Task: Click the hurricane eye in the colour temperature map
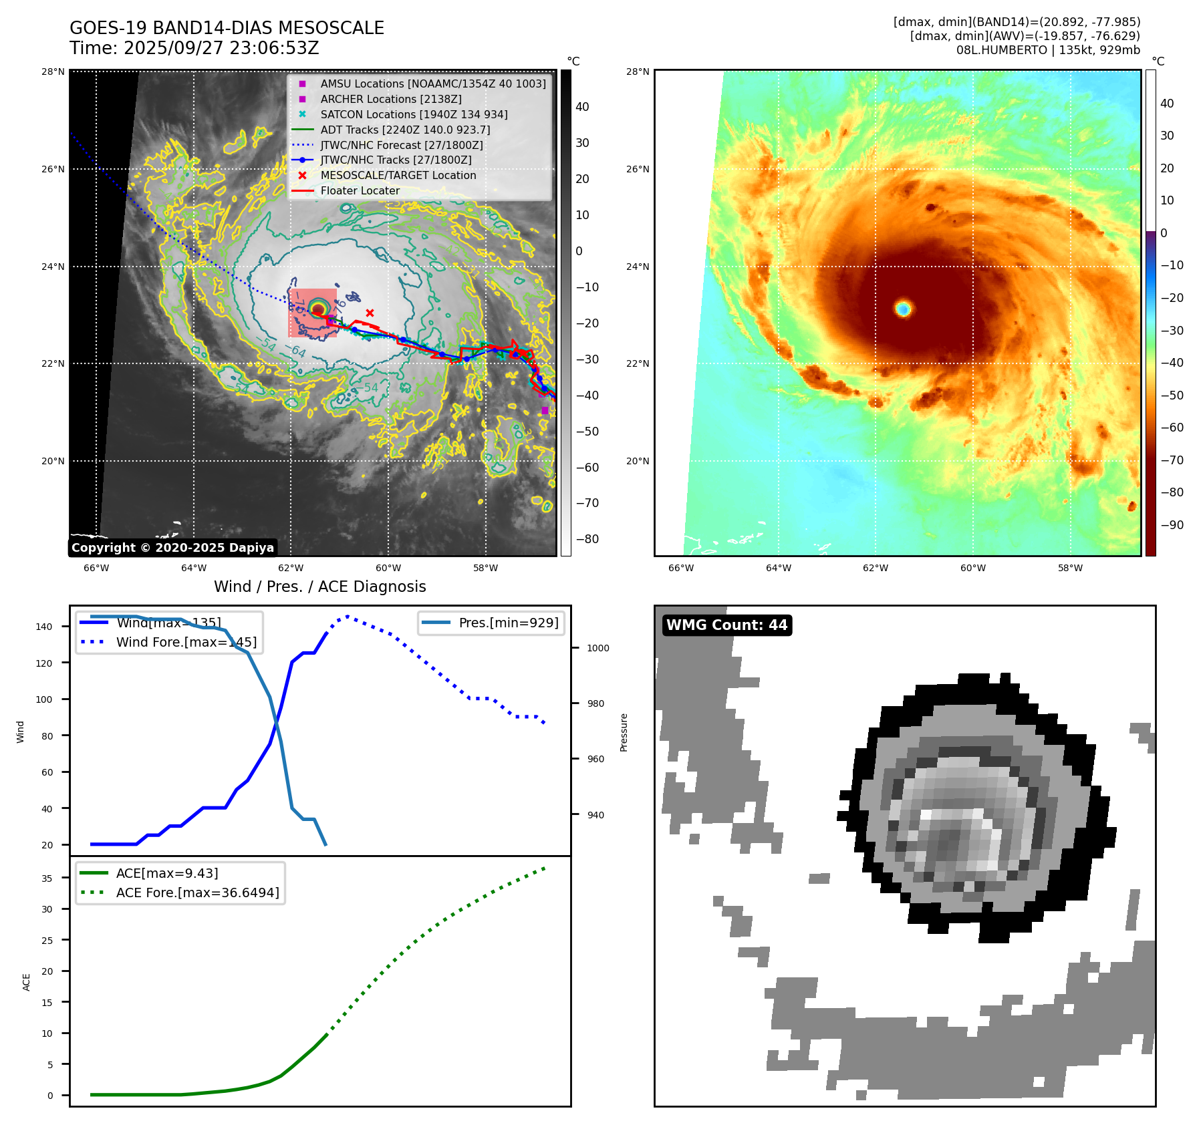point(903,308)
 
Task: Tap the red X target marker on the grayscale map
point(370,313)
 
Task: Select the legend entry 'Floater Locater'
point(360,191)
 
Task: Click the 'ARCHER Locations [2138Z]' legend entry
point(390,99)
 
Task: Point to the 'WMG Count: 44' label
point(726,625)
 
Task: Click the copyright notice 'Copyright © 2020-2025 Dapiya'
point(172,548)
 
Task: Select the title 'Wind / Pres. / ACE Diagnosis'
point(319,587)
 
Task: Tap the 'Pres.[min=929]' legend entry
point(508,623)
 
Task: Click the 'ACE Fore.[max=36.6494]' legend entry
point(197,893)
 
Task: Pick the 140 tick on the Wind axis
point(44,627)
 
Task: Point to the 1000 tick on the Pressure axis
point(597,648)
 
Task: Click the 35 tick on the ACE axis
point(47,878)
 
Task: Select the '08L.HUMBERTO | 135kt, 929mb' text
point(1047,50)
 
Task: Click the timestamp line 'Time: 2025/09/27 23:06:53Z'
point(194,48)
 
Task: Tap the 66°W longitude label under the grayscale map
point(96,568)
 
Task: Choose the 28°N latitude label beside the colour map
point(637,71)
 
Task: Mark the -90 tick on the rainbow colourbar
point(1172,524)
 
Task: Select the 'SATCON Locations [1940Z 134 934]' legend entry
point(414,114)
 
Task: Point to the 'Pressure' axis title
point(624,732)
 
